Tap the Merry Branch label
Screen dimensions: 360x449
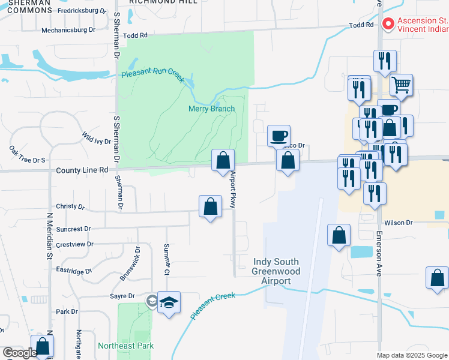pyautogui.click(x=211, y=109)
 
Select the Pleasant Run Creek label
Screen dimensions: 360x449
pyautogui.click(x=152, y=75)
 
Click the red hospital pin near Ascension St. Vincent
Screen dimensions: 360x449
pyautogui.click(x=387, y=25)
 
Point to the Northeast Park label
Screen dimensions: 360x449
pyautogui.click(x=126, y=346)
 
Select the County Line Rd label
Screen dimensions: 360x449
pyautogui.click(x=82, y=170)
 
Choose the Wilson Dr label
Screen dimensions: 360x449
pyautogui.click(x=398, y=223)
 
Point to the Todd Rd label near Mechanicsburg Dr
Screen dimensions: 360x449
pyautogui.click(x=135, y=36)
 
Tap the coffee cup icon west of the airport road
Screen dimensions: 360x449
pyautogui.click(x=279, y=136)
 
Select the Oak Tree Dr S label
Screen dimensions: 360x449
pyautogui.click(x=28, y=160)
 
